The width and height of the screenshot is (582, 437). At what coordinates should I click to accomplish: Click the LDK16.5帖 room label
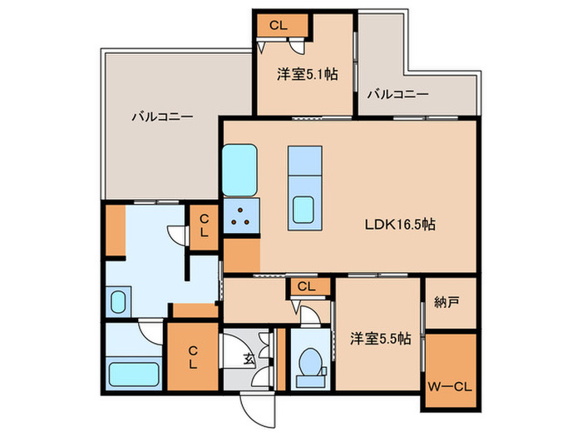(401, 224)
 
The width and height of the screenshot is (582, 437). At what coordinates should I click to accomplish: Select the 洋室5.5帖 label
(378, 339)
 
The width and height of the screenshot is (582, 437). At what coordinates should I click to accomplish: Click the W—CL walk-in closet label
(451, 385)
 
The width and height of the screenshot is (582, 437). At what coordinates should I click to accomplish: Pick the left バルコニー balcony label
(162, 117)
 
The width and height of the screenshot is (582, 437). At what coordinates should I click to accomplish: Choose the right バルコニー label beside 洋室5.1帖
(398, 94)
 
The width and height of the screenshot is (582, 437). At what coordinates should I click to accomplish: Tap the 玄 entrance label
(248, 360)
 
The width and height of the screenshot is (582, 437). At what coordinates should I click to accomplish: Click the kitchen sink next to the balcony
(240, 171)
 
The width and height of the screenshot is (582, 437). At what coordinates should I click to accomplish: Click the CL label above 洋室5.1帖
(278, 26)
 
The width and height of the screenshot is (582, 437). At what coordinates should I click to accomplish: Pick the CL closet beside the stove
(203, 226)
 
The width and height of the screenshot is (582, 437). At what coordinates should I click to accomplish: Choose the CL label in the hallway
(307, 287)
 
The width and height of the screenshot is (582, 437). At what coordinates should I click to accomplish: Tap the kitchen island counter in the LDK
(303, 187)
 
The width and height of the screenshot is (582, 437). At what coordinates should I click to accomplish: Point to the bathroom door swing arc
(150, 334)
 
